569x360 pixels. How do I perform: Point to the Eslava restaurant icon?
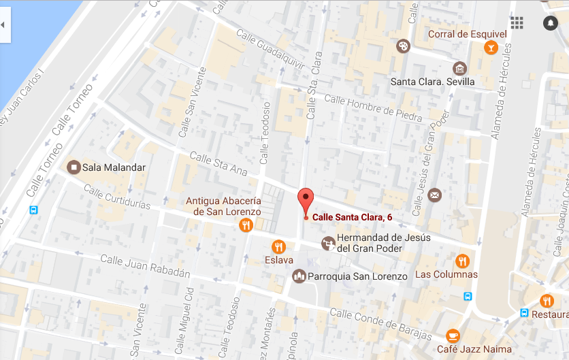(278, 246)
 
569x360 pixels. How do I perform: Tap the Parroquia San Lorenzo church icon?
(299, 276)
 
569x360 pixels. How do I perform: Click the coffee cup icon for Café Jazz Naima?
(453, 336)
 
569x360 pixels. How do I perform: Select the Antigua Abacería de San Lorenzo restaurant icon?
(246, 225)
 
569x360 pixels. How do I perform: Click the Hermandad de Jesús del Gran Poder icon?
(329, 243)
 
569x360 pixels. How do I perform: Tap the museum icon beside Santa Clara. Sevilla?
(460, 68)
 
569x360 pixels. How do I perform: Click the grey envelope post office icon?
(435, 196)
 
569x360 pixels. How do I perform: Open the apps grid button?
(517, 23)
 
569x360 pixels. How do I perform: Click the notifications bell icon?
(550, 23)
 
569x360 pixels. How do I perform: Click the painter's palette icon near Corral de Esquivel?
(403, 46)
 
